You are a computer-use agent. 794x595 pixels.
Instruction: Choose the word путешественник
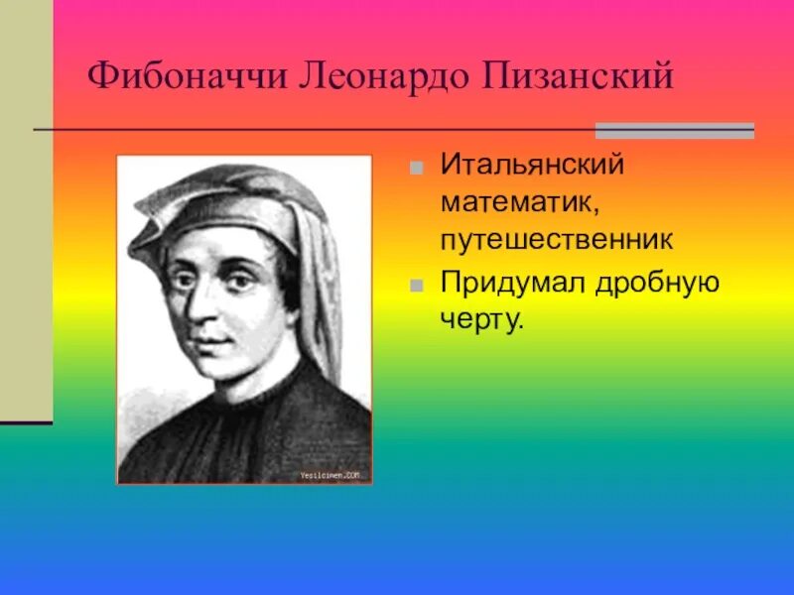pos(558,239)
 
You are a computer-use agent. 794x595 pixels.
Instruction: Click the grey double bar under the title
pos(674,130)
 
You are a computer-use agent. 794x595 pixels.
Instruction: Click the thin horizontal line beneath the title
pos(298,130)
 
